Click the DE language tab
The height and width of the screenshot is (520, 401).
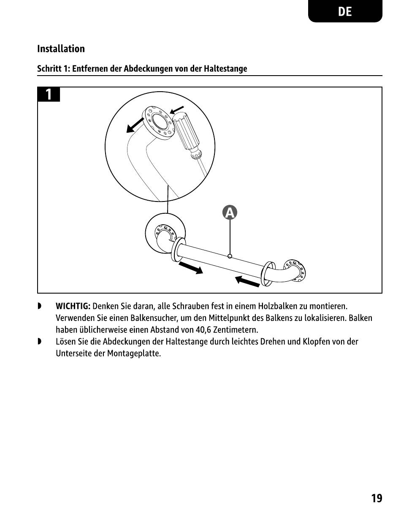point(345,11)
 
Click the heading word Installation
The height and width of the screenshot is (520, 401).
point(61,49)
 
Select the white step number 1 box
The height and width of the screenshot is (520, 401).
point(49,94)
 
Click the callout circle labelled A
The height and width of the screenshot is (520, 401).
point(230,213)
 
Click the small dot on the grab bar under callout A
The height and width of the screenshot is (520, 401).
point(229,256)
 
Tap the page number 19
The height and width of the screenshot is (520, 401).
point(377,498)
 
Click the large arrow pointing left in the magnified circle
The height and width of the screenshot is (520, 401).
point(136,125)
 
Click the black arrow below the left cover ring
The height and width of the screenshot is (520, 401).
point(191,268)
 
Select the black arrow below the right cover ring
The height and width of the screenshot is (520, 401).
point(247,281)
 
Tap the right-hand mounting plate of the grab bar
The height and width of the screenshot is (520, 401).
point(295,270)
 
